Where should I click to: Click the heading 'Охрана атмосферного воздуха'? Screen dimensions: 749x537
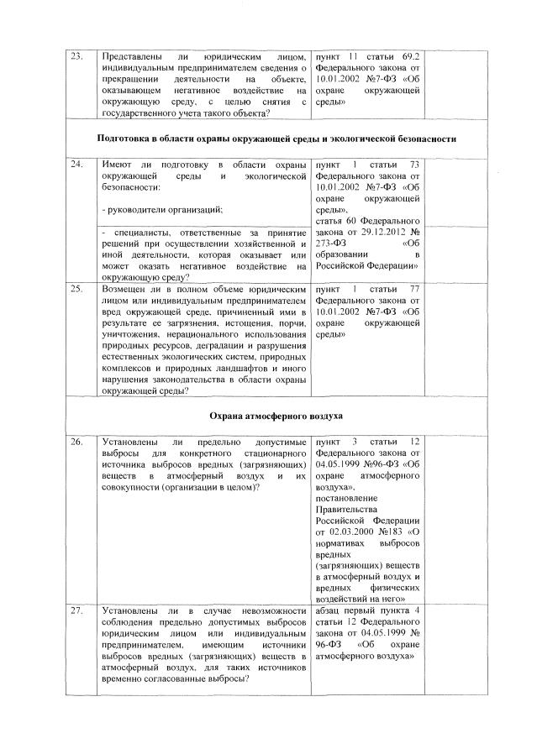(x=268, y=416)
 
